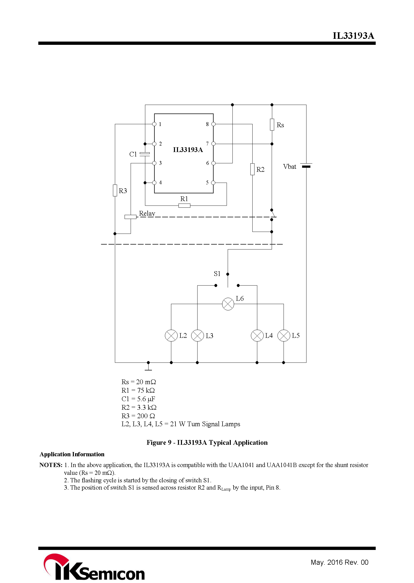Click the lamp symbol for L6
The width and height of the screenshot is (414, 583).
pyautogui.click(x=228, y=304)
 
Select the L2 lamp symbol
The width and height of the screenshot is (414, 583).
pyautogui.click(x=171, y=335)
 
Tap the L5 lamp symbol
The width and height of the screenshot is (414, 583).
pyautogui.click(x=284, y=335)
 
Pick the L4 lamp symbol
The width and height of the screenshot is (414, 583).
pyautogui.click(x=257, y=335)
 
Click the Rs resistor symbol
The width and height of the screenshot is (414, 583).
pyautogui.click(x=272, y=124)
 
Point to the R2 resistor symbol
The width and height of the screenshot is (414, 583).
pyautogui.click(x=252, y=169)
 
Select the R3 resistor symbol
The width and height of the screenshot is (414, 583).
pyautogui.click(x=115, y=190)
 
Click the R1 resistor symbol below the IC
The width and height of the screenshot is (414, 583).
pyautogui.click(x=184, y=206)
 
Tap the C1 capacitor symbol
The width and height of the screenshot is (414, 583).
pyautogui.click(x=145, y=154)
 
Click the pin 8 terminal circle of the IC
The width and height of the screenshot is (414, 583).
pyautogui.click(x=213, y=124)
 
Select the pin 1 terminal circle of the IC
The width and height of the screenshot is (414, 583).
pyautogui.click(x=154, y=124)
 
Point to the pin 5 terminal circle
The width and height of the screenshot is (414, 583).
pyautogui.click(x=213, y=183)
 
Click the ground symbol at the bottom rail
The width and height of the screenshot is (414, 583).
pyautogui.click(x=148, y=366)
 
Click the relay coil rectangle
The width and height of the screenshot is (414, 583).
pyautogui.click(x=130, y=217)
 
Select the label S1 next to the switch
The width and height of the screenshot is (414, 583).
pyautogui.click(x=217, y=274)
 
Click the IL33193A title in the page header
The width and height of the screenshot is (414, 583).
pyautogui.click(x=353, y=36)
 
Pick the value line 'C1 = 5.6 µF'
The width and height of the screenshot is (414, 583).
pyautogui.click(x=138, y=399)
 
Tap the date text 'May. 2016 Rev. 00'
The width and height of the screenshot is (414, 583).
pyautogui.click(x=339, y=562)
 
